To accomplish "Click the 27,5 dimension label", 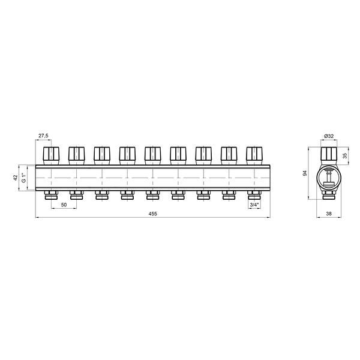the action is pos(43,136).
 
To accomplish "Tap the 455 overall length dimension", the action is pos(152,214).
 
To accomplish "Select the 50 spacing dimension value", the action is pos(64,205).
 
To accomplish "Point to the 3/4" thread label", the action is pos(254,205).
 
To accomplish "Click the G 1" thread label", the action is pos(23,178).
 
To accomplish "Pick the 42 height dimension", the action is pos(16,178).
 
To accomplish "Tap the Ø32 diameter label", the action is pos(329,136).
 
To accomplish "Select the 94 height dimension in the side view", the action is pos(305,173).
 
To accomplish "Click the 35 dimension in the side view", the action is pos(345,155).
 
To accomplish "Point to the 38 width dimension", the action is pos(329,214).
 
